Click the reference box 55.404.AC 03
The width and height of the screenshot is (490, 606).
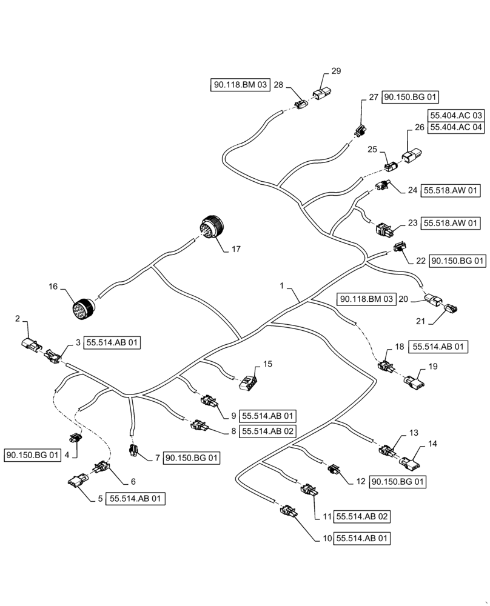[x=456, y=115]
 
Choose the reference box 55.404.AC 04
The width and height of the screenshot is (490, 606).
[x=456, y=127]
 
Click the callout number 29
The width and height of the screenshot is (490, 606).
[x=335, y=71]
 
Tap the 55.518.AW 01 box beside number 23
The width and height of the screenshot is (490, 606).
[x=452, y=224]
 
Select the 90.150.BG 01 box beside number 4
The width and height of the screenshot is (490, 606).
[x=33, y=455]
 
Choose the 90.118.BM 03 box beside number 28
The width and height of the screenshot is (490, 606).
[x=240, y=86]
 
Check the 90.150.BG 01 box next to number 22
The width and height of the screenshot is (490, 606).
[x=458, y=261]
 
